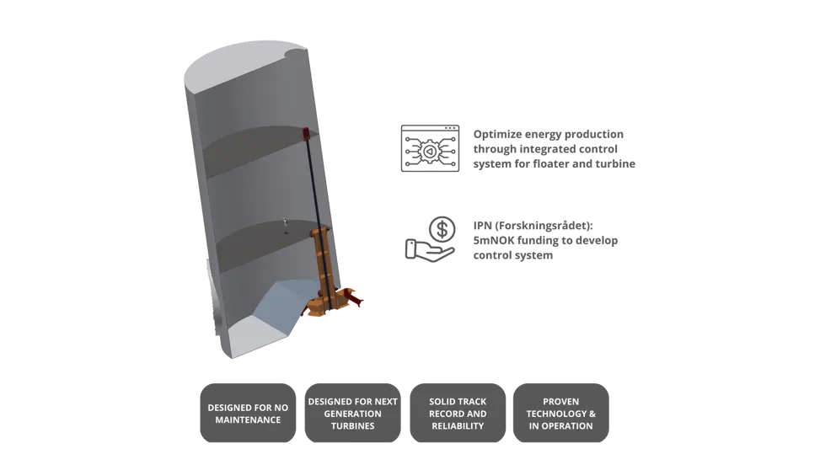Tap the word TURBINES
(352, 426)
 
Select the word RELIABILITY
(458, 426)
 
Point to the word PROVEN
(560, 402)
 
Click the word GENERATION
(352, 414)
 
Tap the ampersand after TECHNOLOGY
(593, 414)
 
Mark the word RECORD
(447, 414)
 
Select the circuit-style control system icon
(430, 148)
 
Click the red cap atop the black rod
(303, 131)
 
